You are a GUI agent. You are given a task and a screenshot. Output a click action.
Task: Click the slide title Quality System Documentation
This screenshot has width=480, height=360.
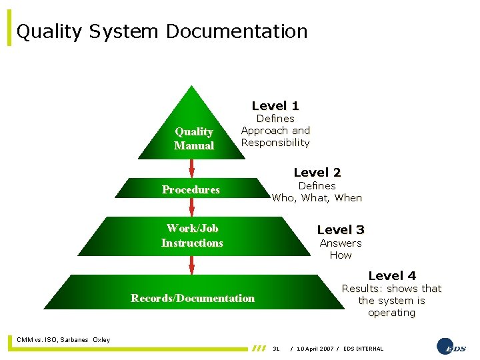pyautogui.click(x=162, y=31)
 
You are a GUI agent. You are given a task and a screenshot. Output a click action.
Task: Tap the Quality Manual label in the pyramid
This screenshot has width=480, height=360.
pyautogui.click(x=194, y=139)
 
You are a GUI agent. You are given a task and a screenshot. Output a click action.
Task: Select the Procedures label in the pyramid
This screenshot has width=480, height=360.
pyautogui.click(x=191, y=189)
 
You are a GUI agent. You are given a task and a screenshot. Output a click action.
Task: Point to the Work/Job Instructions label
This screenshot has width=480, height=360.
pyautogui.click(x=192, y=235)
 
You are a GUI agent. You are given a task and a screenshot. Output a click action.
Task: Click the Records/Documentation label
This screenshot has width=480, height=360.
pyautogui.click(x=193, y=298)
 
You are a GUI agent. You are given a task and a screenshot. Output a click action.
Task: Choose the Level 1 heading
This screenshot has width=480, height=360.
pyautogui.click(x=275, y=105)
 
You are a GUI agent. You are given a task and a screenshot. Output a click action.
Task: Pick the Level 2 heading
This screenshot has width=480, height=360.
pyautogui.click(x=317, y=173)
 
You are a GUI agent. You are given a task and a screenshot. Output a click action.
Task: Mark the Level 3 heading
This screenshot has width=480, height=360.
pyautogui.click(x=341, y=229)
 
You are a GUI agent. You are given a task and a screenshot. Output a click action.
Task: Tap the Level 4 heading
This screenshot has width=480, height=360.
pyautogui.click(x=392, y=275)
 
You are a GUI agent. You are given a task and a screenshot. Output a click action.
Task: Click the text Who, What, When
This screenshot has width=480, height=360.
pyautogui.click(x=317, y=197)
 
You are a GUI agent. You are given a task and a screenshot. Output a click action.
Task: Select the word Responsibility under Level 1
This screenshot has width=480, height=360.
pyautogui.click(x=275, y=143)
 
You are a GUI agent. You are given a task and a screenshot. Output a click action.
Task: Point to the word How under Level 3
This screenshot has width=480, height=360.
pyautogui.click(x=341, y=255)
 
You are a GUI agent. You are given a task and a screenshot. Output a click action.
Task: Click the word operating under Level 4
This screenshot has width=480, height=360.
pyautogui.click(x=391, y=313)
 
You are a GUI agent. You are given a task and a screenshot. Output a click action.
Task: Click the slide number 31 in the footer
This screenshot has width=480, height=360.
pyautogui.click(x=276, y=349)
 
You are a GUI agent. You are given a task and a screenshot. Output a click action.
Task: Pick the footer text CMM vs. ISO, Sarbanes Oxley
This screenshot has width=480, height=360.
pyautogui.click(x=64, y=340)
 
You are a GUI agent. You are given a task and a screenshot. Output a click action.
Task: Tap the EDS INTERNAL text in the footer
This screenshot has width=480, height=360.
pyautogui.click(x=363, y=349)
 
